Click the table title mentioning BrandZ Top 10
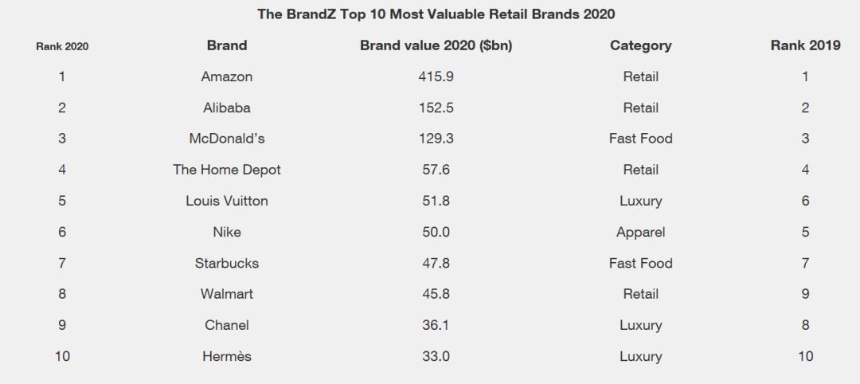pos(436,14)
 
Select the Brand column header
pos(227,45)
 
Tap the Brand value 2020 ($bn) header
pos(436,45)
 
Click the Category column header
pos(640,45)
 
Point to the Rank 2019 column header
pos(805,45)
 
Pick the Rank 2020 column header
pos(62,46)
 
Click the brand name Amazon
pos(227,76)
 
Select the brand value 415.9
pos(436,76)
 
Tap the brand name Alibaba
pos(227,108)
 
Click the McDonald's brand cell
pos(227,139)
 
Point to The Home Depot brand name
pos(227,170)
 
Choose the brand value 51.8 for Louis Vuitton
pos(436,201)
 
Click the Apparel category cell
pos(640,232)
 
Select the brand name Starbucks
pos(227,263)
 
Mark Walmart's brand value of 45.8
pos(436,294)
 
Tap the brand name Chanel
pos(227,325)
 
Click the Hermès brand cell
pos(227,356)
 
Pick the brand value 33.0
pos(436,356)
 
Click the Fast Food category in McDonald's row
pos(640,139)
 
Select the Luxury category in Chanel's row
pos(640,325)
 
